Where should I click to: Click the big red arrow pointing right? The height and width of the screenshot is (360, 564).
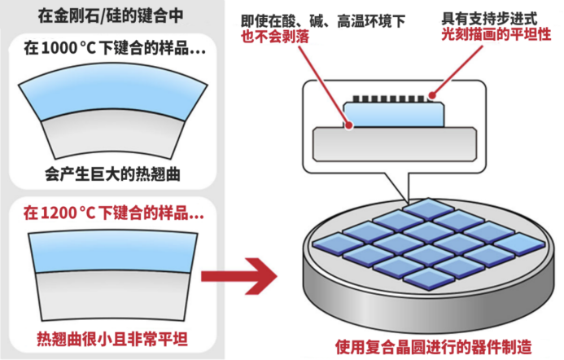[237, 276]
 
